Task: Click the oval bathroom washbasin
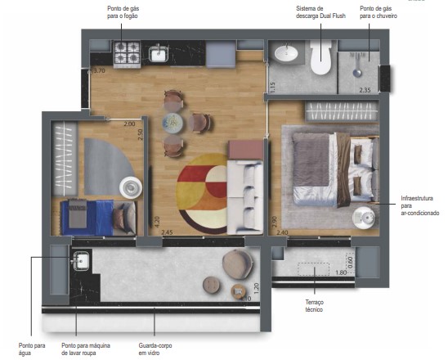tap(287, 54)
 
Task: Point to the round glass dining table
tap(173, 123)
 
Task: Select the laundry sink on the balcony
tap(82, 262)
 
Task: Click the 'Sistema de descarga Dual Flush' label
tap(317, 13)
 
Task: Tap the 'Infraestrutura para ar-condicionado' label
tap(420, 205)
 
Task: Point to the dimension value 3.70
tap(99, 71)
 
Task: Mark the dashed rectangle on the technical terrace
tap(314, 269)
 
